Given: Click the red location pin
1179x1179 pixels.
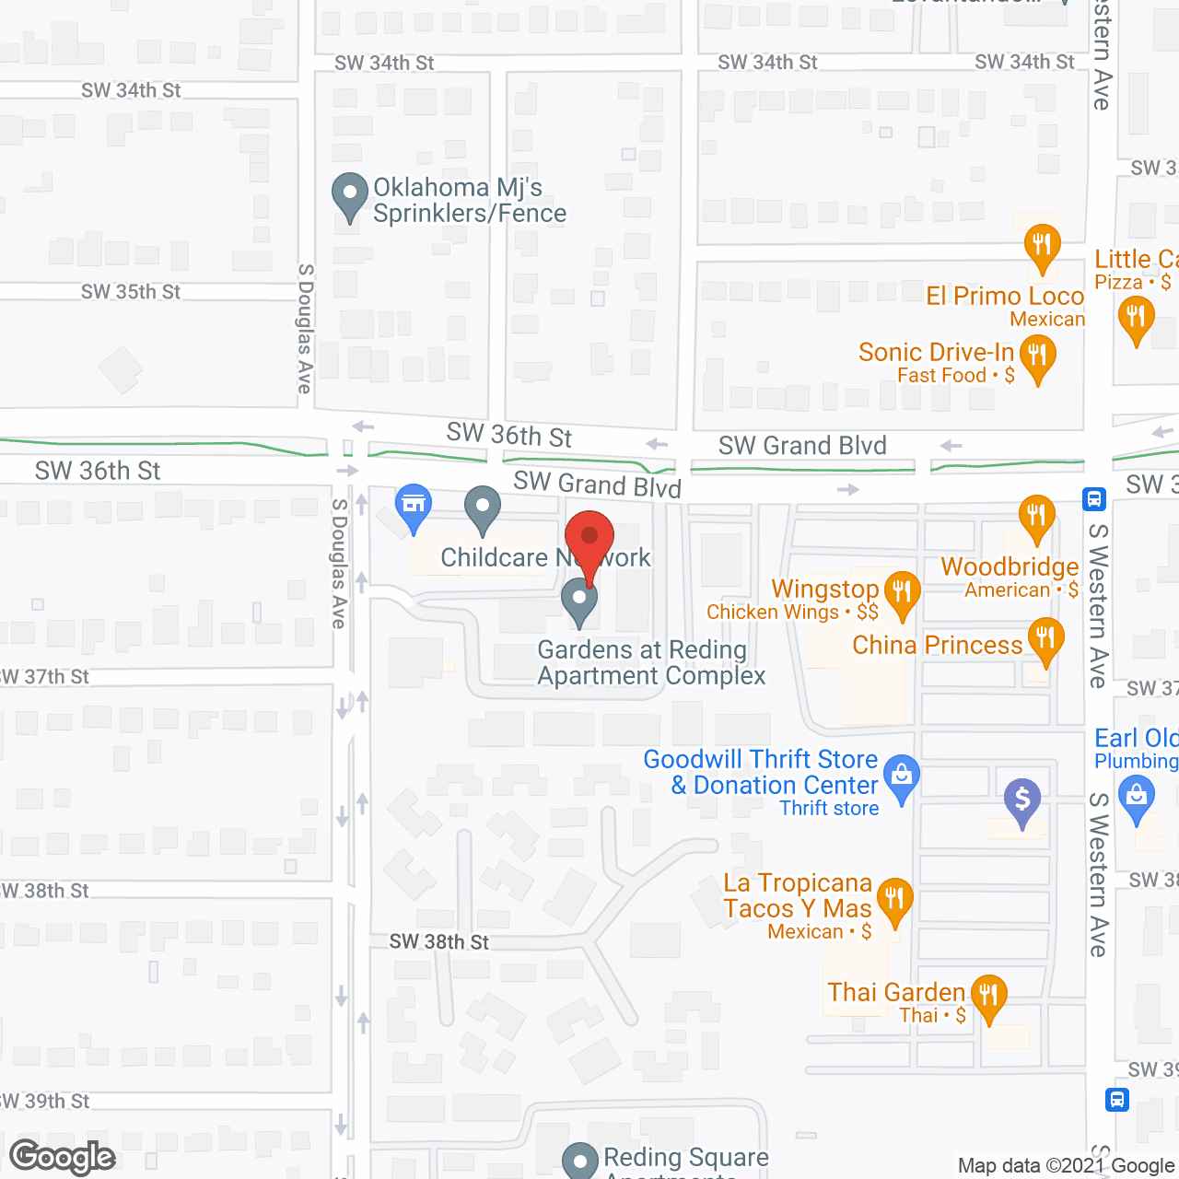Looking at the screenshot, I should point(589,538).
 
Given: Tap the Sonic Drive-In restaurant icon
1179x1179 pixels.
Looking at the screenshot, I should point(1037,355).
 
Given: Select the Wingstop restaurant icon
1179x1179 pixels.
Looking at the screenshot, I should point(902,591).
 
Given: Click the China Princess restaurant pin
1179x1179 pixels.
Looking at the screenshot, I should point(1045,637).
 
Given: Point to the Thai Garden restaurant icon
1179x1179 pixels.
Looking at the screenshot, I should point(988,996).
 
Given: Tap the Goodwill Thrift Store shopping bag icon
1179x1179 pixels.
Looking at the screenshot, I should point(902,776).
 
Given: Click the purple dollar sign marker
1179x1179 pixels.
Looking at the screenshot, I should point(1021,800).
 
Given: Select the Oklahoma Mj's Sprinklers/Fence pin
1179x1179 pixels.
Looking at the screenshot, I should point(349,194).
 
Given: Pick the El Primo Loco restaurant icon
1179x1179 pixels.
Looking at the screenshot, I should point(1042,245).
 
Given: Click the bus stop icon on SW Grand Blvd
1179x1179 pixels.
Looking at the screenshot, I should point(1094,499).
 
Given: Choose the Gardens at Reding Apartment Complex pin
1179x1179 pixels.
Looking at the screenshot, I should point(579,600).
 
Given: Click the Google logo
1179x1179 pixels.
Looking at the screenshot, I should point(63,1157).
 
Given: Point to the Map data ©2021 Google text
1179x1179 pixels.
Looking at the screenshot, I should point(1066,1165).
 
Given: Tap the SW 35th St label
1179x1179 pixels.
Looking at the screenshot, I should point(131,292).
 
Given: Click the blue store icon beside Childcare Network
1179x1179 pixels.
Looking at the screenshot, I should point(414,505).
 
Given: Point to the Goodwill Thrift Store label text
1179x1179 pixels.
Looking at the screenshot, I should point(760,759).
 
